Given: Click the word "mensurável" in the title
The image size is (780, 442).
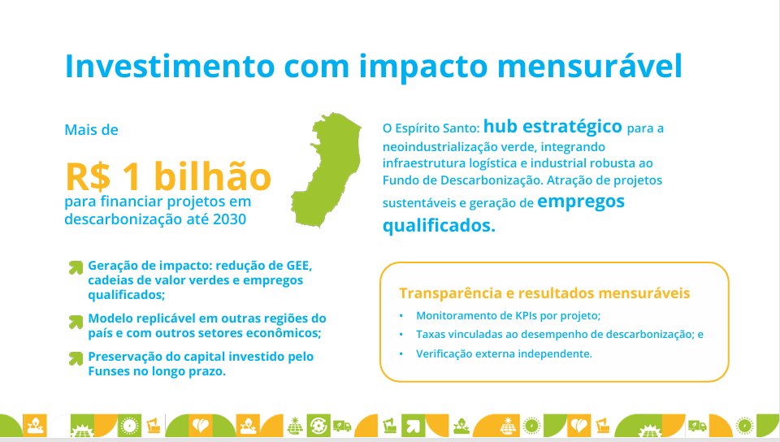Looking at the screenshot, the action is [590, 66].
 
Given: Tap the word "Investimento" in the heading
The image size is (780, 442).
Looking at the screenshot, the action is [170, 66].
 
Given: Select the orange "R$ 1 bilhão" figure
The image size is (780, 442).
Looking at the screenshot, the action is [168, 176].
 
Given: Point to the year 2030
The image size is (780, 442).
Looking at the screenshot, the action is [229, 219].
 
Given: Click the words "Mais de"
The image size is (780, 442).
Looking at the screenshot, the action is [92, 130].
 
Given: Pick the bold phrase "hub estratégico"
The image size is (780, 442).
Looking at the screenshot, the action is [552, 126].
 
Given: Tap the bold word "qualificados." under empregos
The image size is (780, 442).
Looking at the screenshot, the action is [439, 226].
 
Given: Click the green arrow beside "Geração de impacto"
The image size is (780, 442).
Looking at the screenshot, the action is [76, 267].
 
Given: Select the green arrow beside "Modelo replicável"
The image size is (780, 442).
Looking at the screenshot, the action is [76, 323].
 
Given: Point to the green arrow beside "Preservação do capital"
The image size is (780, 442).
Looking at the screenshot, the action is [76, 358].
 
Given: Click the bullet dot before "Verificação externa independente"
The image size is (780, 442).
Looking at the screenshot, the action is [401, 354].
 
